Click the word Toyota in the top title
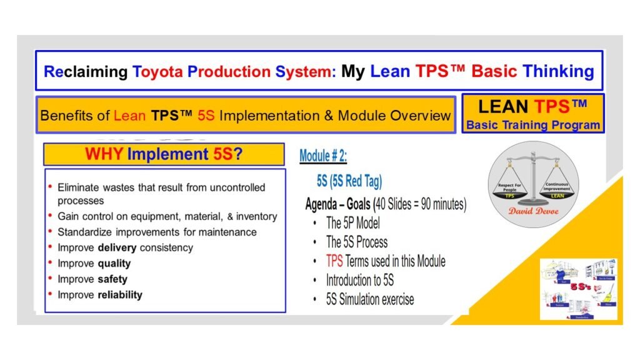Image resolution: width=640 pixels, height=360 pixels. click(x=157, y=71)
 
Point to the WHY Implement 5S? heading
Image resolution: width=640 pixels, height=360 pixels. click(x=164, y=154)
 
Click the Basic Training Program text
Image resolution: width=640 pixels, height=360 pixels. click(x=532, y=125)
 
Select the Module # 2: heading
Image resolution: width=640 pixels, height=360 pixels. click(x=323, y=156)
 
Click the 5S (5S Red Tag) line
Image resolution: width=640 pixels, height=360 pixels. click(x=349, y=181)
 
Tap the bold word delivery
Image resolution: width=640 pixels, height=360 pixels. click(x=117, y=247)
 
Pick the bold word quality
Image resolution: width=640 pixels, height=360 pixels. click(x=114, y=263)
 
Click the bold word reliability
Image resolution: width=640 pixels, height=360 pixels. click(x=120, y=294)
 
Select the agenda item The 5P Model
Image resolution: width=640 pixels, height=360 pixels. click(x=352, y=223)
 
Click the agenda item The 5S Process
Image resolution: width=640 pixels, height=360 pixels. click(x=356, y=242)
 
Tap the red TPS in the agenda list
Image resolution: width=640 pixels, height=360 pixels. click(x=334, y=261)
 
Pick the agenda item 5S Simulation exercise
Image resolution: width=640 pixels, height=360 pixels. click(x=369, y=299)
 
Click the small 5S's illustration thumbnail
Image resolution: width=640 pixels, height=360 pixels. click(x=578, y=289)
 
